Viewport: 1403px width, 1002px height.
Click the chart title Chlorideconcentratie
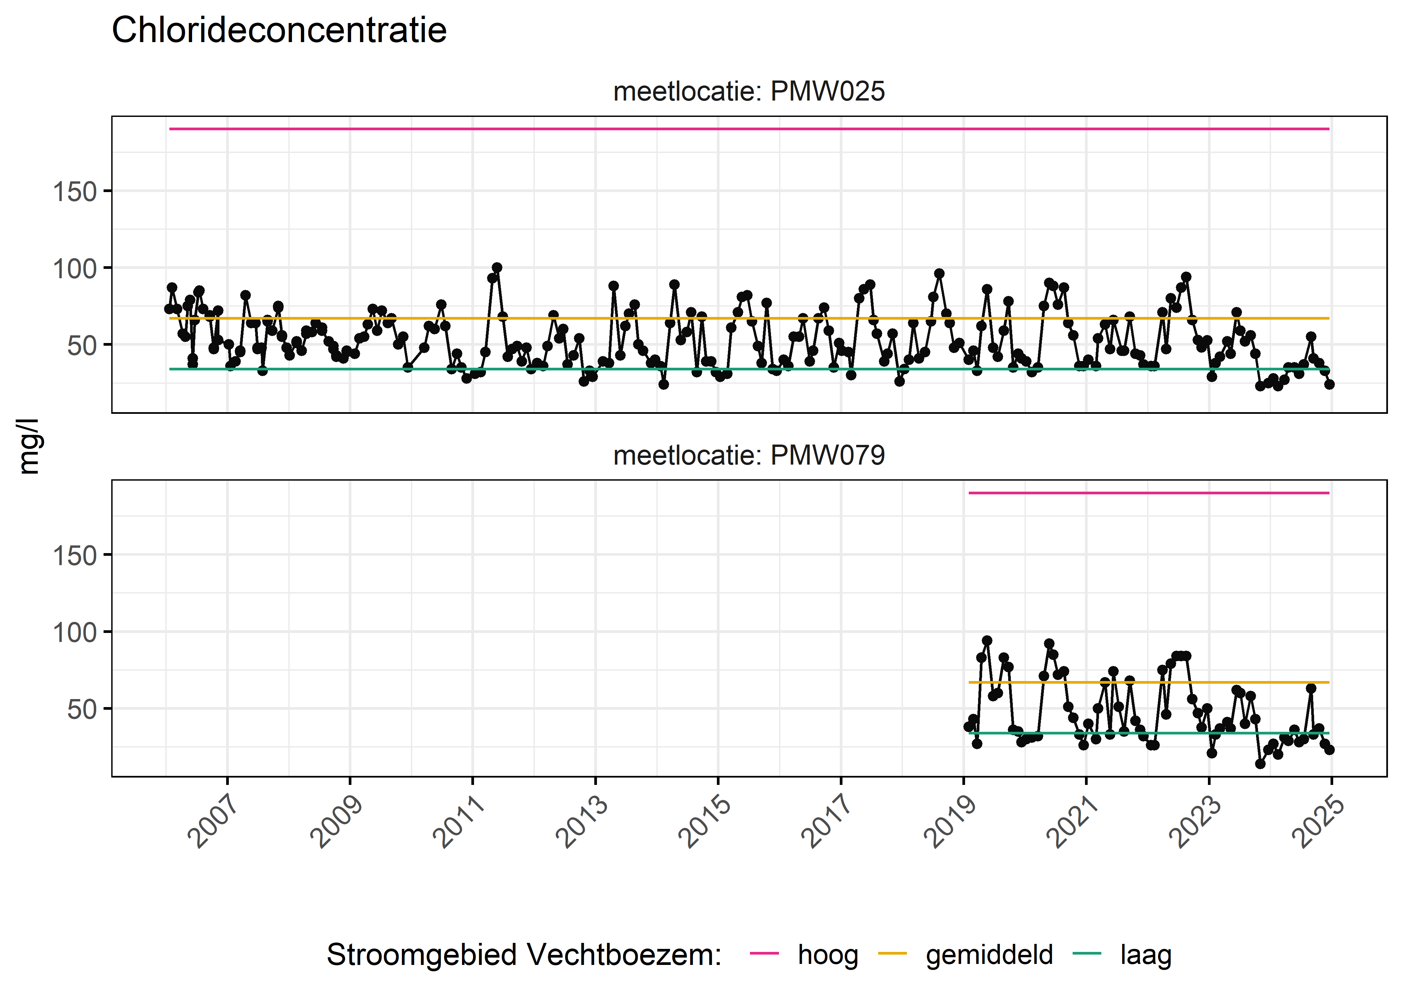click(279, 30)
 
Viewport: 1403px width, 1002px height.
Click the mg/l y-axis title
click(29, 446)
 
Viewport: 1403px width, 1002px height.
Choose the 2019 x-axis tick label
click(950, 822)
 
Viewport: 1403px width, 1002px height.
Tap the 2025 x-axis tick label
click(1318, 822)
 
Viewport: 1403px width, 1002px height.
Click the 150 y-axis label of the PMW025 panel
click(74, 192)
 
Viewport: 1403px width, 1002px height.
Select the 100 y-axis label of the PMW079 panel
click(74, 632)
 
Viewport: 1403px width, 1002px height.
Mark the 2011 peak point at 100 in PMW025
click(497, 268)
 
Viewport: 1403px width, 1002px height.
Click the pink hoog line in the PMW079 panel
click(1147, 493)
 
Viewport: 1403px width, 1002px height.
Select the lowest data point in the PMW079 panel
click(1260, 764)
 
